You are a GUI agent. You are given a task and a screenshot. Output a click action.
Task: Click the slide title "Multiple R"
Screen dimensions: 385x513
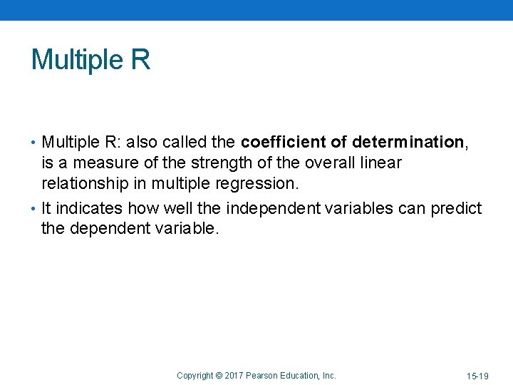tap(90, 59)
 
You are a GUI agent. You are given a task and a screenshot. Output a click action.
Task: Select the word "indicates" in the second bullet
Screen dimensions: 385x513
tap(89, 208)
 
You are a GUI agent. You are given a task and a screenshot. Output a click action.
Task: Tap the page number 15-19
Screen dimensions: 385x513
tap(478, 376)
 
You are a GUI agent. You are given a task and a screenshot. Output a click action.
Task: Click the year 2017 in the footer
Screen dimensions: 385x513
tap(234, 375)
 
